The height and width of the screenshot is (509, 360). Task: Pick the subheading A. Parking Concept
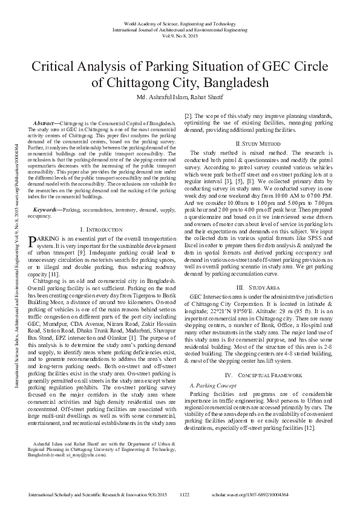pos(213,384)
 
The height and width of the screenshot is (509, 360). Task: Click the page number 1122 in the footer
pos(185,494)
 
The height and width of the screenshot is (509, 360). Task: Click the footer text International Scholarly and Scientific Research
pos(90,494)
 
